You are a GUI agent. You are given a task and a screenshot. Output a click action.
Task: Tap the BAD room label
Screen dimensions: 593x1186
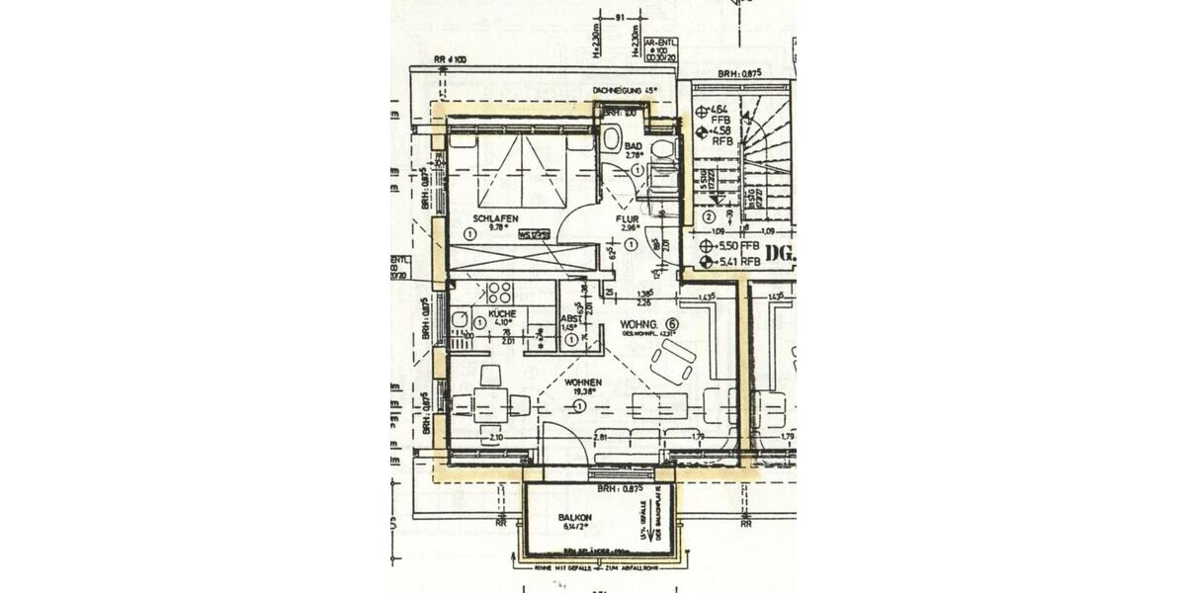(x=635, y=145)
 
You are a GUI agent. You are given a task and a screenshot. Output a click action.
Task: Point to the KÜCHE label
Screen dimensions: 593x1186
(x=502, y=313)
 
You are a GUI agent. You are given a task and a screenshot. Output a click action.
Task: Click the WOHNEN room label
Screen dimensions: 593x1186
(x=583, y=381)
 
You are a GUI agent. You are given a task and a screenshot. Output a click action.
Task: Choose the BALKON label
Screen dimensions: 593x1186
(x=575, y=518)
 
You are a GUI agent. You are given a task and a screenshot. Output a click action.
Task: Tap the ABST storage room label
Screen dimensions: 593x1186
(x=571, y=318)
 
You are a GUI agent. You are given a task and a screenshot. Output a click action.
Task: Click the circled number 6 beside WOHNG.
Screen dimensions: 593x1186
(x=672, y=323)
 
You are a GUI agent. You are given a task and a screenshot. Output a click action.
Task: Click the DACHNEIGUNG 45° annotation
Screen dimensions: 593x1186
(x=625, y=91)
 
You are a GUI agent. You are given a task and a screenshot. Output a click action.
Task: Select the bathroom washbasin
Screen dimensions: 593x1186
(x=611, y=137)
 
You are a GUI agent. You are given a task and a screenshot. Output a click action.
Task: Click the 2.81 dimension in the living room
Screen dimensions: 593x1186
(x=599, y=436)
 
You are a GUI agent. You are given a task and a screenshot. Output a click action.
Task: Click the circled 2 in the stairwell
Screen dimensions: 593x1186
(x=709, y=217)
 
